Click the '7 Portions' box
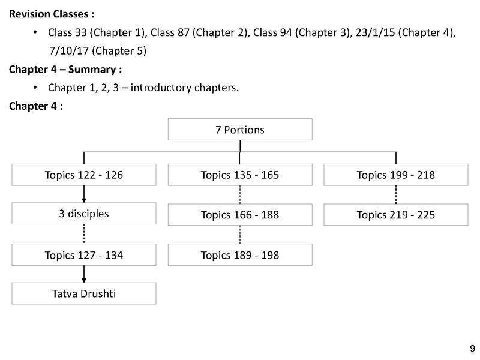click(240, 130)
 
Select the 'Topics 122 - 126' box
click(84, 175)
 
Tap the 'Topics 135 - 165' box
click(240, 175)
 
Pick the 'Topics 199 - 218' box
click(396, 175)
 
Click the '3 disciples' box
click(84, 214)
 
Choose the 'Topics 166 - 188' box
click(240, 215)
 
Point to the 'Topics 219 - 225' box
click(396, 215)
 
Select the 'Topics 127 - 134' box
click(84, 254)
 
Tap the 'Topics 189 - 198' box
click(240, 254)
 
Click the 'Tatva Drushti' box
click(84, 293)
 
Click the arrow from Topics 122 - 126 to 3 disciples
click(84, 194)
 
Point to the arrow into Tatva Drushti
click(84, 274)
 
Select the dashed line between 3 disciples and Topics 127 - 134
click(84, 234)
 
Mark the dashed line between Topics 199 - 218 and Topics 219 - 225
click(396, 194)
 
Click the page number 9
click(472, 349)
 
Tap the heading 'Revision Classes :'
click(52, 14)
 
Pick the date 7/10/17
click(69, 51)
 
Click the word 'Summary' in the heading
click(92, 70)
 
